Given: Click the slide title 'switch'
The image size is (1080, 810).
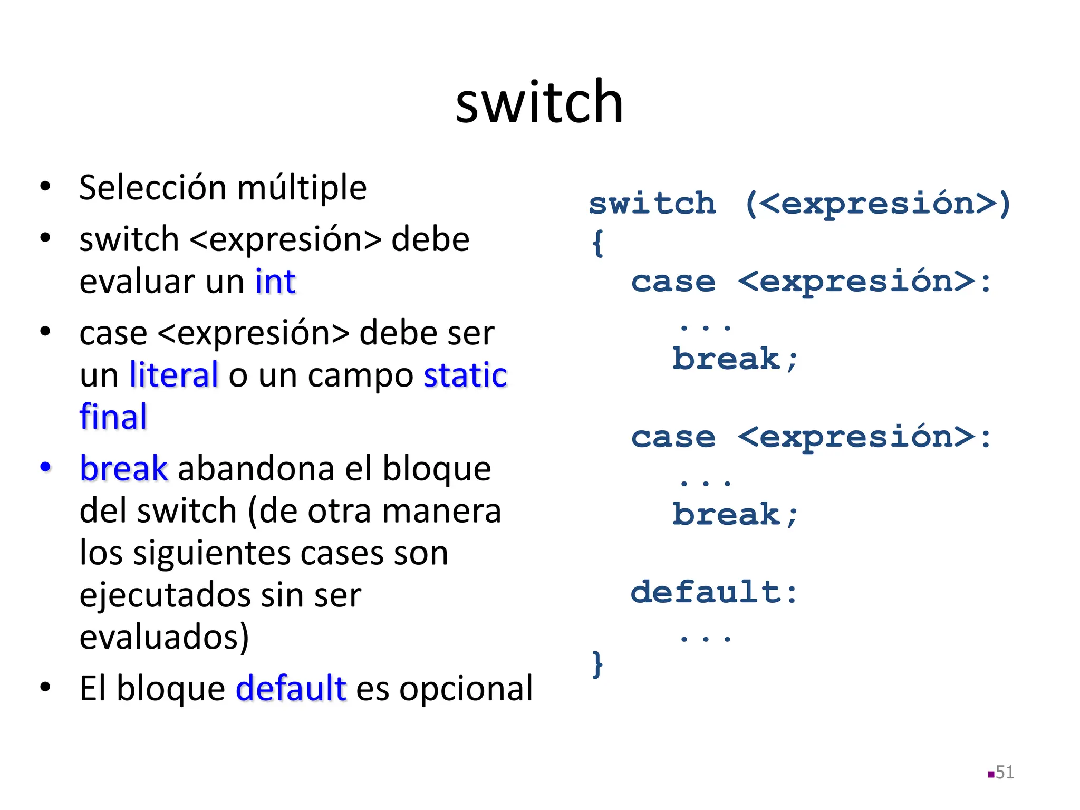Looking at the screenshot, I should (x=539, y=102).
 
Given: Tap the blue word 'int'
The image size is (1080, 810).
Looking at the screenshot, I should (x=275, y=282).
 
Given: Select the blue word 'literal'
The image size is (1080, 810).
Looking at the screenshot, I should (x=174, y=375).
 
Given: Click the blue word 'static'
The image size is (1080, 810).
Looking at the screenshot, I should (x=465, y=375).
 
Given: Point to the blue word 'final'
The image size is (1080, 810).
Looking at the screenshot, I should (x=113, y=417).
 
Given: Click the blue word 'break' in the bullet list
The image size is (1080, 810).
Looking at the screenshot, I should (x=124, y=468).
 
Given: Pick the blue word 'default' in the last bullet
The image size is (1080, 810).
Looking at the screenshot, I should (x=291, y=688).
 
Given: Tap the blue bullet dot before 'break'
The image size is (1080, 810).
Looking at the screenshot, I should (x=45, y=467).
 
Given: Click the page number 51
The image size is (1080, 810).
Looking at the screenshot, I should (x=1004, y=773).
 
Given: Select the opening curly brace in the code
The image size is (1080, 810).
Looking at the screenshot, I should (x=597, y=243).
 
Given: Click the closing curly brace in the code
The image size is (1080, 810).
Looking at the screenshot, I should (x=597, y=664).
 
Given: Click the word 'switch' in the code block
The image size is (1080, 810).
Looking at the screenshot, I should (x=652, y=204).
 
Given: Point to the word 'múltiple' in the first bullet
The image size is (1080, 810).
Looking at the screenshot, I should (x=302, y=188).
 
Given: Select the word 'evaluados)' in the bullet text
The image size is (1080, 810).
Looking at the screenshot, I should (x=164, y=637).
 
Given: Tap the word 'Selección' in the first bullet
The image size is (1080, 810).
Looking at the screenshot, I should (x=153, y=188).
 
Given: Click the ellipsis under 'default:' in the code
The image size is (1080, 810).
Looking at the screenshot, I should (x=705, y=639).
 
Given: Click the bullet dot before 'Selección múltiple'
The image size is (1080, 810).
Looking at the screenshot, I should (x=45, y=187).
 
